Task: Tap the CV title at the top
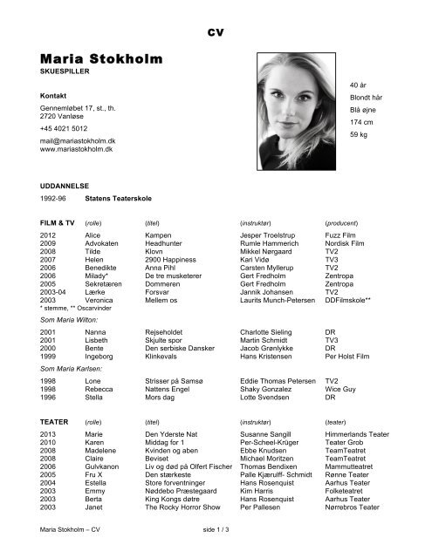(x=216, y=31)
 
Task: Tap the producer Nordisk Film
(x=350, y=244)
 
